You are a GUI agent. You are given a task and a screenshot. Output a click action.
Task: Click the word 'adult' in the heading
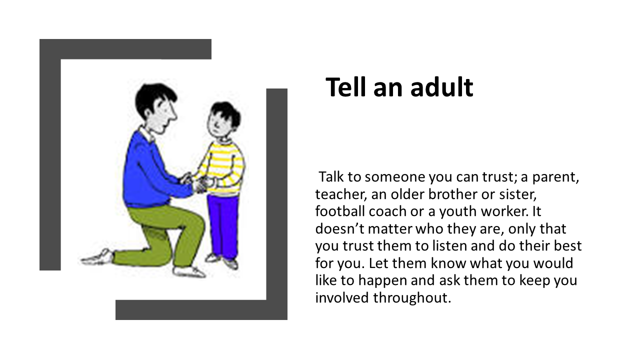442,87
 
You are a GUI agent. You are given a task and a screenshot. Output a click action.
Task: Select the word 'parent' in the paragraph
554,177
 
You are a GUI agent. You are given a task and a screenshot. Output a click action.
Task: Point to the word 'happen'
382,281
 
